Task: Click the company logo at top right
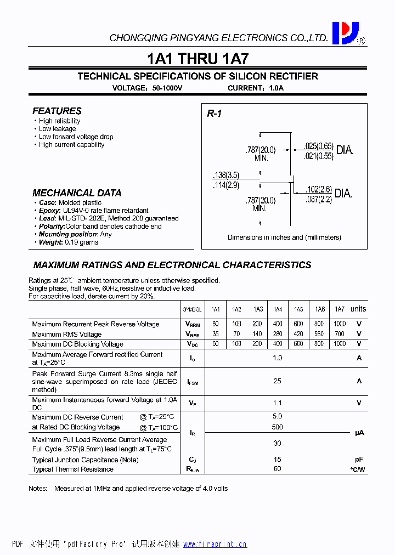[346, 33]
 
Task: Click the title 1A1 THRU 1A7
[198, 59]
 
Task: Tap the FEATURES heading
[57, 111]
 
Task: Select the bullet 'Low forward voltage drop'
[76, 137]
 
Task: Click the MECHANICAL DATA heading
[77, 193]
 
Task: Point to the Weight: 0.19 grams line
[69, 242]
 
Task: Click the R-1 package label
[214, 114]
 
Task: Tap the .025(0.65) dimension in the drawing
[318, 146]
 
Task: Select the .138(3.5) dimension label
[226, 175]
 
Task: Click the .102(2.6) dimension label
[318, 190]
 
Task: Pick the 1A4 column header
[278, 309]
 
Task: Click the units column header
[358, 309]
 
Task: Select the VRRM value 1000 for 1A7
[340, 324]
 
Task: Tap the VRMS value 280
[278, 334]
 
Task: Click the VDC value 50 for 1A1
[215, 344]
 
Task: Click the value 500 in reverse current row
[278, 427]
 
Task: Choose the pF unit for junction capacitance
[359, 460]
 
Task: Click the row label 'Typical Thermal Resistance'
[73, 469]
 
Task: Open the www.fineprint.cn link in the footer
[215, 544]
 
